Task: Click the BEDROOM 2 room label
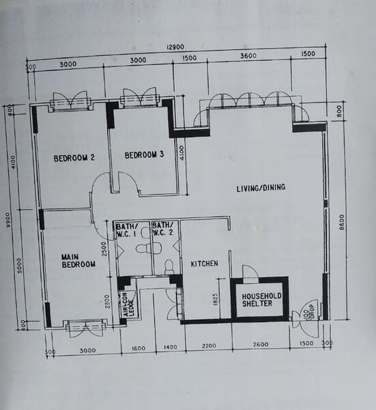click(74, 158)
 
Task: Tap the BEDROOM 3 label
click(144, 154)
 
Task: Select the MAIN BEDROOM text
click(78, 260)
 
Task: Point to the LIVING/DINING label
click(261, 188)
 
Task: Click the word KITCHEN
click(203, 264)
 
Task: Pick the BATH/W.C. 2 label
click(164, 229)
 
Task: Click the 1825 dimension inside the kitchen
click(216, 298)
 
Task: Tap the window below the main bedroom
click(85, 327)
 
